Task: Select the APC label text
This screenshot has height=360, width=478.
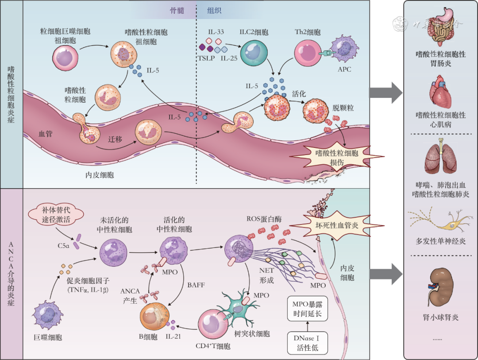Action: point(344,70)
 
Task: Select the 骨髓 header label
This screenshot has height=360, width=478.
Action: point(177,10)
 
